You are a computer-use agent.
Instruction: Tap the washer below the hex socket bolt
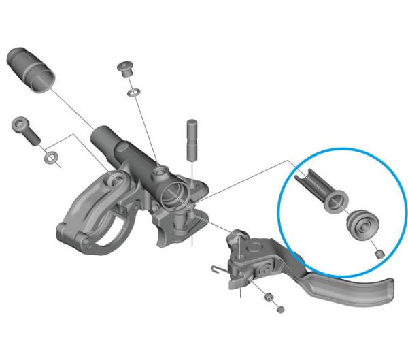coord(50,159)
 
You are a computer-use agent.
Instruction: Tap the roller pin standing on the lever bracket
coord(239,238)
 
